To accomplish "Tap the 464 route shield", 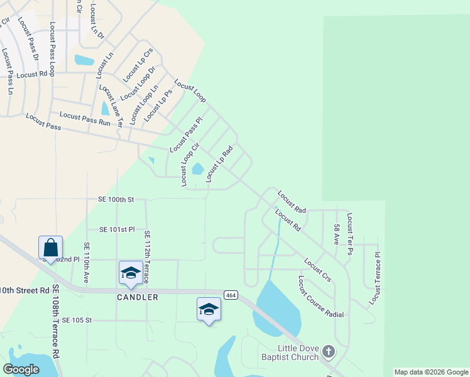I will [x=231, y=295].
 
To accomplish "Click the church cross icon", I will [x=329, y=351].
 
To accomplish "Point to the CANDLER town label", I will [x=137, y=297].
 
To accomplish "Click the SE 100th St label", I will [x=116, y=199].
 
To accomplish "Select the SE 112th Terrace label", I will [x=147, y=256].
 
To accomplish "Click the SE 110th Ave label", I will [x=86, y=263].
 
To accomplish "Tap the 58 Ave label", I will [x=337, y=234].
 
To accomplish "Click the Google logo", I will [x=21, y=369].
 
